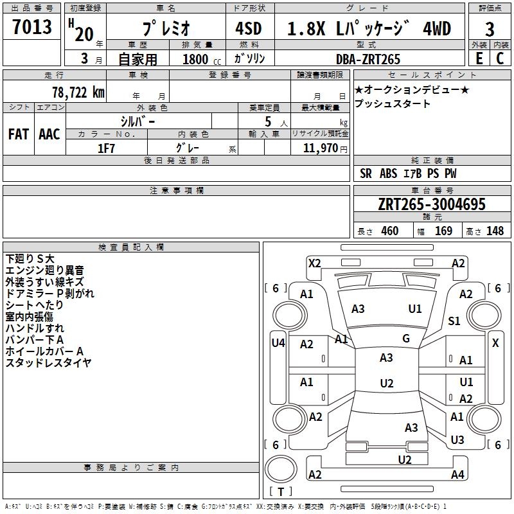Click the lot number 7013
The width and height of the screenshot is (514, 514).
(32, 27)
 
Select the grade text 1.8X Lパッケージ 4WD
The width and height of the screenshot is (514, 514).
(369, 29)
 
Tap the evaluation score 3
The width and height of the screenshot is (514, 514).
(490, 30)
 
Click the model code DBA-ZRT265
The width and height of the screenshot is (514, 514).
(368, 59)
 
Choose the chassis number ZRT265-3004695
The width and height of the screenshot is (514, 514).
(432, 205)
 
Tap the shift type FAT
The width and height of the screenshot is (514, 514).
(18, 134)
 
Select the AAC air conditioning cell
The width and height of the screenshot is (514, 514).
(49, 134)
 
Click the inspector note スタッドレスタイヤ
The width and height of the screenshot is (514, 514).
(49, 363)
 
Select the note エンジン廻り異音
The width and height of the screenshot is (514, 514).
(44, 270)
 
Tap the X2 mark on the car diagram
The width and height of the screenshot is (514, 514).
(314, 263)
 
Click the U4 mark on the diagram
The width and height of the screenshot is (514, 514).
(278, 343)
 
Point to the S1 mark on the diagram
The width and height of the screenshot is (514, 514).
(454, 321)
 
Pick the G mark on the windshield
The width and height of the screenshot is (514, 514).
(406, 339)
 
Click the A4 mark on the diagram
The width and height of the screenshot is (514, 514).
(457, 475)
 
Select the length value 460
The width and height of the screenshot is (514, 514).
(389, 231)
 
